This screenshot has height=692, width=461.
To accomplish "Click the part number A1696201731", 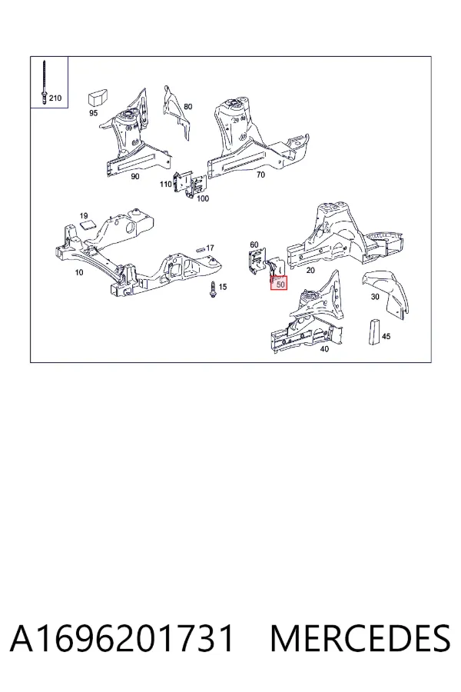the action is (x=121, y=638).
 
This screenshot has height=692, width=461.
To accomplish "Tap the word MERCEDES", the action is (x=360, y=638).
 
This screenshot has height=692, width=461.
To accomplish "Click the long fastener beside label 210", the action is (x=44, y=83).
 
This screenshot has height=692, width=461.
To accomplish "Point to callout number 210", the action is (x=55, y=98).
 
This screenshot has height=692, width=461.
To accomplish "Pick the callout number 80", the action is (x=188, y=106).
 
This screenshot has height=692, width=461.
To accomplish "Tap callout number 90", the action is (x=135, y=177).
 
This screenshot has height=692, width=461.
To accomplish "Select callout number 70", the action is (x=260, y=175).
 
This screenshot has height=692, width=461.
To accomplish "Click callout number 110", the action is (x=166, y=184).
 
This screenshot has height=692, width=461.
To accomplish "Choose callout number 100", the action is (x=203, y=198).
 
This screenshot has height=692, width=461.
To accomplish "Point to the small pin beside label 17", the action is (x=200, y=248).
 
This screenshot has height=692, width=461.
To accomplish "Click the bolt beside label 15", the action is (x=213, y=290).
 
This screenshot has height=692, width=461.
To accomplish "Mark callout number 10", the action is (x=79, y=272).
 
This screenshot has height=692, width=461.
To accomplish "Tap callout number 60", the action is (x=254, y=245).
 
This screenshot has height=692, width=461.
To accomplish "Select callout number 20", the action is (x=310, y=270).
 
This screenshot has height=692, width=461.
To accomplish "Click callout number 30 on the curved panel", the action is (x=375, y=297).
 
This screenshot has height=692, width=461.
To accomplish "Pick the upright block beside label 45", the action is (x=374, y=331).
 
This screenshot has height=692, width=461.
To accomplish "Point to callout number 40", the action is (x=324, y=349).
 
